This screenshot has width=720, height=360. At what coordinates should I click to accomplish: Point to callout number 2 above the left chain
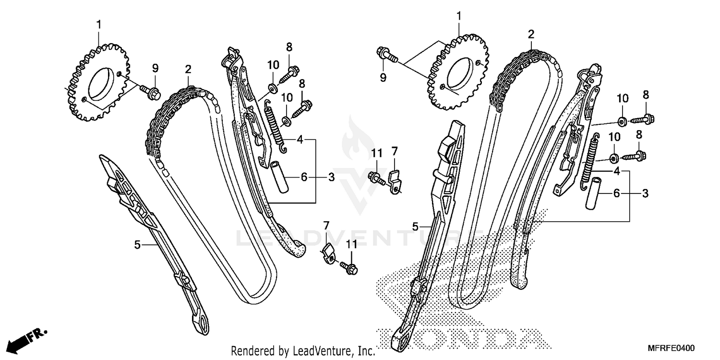click(188, 69)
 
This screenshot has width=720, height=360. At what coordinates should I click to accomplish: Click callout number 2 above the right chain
click(531, 34)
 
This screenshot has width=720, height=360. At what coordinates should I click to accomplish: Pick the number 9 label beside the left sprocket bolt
click(155, 69)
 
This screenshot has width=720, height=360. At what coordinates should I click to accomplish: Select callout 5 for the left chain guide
click(137, 245)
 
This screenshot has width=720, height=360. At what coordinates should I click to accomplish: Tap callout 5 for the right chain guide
click(416, 225)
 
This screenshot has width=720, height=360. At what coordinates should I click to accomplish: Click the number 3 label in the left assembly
click(331, 177)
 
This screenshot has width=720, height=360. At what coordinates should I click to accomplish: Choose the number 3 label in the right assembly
click(646, 193)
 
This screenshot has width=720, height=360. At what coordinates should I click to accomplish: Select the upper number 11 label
click(377, 154)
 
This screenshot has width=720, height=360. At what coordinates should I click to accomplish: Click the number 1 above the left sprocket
click(99, 24)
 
